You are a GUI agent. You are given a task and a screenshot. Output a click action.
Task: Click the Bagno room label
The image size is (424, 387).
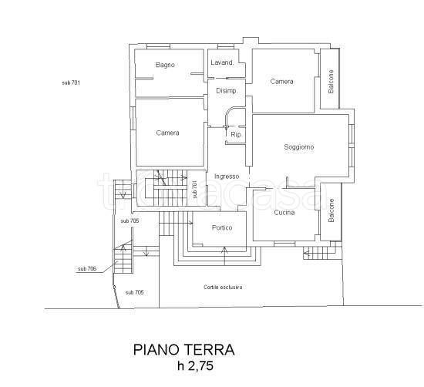click(x=165, y=65)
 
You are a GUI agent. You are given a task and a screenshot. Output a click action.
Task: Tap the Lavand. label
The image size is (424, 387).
click(x=222, y=62)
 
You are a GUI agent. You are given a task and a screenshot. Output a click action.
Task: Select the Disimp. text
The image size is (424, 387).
click(x=227, y=91)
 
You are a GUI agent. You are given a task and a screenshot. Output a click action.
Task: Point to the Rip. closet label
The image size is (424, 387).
click(x=236, y=134)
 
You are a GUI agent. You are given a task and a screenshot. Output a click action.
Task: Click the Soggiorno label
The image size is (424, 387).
click(x=299, y=147)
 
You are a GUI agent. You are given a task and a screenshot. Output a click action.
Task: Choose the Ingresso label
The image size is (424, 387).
click(x=227, y=177)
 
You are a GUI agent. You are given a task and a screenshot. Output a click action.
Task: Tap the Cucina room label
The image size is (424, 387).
click(x=284, y=213)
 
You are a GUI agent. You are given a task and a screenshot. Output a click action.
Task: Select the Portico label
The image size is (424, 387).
click(x=222, y=227)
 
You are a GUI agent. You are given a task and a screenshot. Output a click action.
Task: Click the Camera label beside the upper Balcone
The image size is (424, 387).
click(x=281, y=82)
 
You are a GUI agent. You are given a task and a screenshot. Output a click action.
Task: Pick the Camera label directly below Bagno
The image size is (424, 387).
click(x=167, y=133)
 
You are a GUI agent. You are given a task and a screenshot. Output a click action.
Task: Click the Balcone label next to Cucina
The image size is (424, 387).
click(x=331, y=210)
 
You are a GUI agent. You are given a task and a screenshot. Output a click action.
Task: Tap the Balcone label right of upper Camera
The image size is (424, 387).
click(x=331, y=82)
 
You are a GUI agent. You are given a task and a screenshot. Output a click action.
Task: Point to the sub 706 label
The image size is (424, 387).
click(x=87, y=269)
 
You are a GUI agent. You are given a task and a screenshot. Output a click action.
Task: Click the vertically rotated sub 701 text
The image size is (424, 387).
click(x=195, y=190)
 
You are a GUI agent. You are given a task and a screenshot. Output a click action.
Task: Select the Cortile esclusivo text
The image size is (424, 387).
click(x=223, y=288)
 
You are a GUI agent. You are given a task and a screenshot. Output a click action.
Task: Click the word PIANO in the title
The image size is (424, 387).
click(x=156, y=350)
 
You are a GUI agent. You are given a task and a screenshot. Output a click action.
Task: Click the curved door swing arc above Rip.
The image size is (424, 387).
click(x=229, y=112)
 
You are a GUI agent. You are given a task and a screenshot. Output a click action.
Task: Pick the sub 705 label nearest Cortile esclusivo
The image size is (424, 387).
click(x=135, y=293)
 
